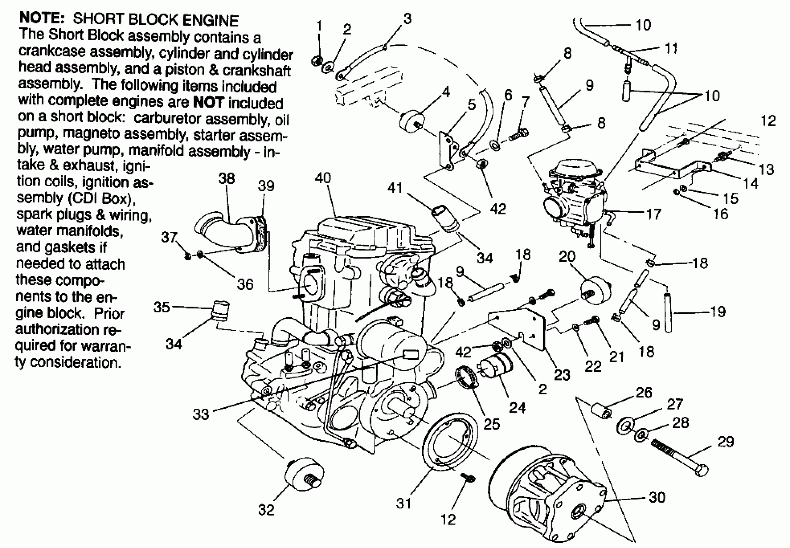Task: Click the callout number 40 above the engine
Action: click(x=322, y=178)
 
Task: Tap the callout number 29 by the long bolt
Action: click(x=726, y=442)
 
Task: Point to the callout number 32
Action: click(x=266, y=510)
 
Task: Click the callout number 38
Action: click(x=226, y=179)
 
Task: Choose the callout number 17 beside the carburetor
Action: click(x=654, y=214)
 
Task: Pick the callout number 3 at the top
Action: click(x=408, y=19)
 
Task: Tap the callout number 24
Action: click(x=517, y=408)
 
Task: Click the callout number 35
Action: click(x=162, y=307)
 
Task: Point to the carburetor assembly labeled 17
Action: click(x=573, y=199)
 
